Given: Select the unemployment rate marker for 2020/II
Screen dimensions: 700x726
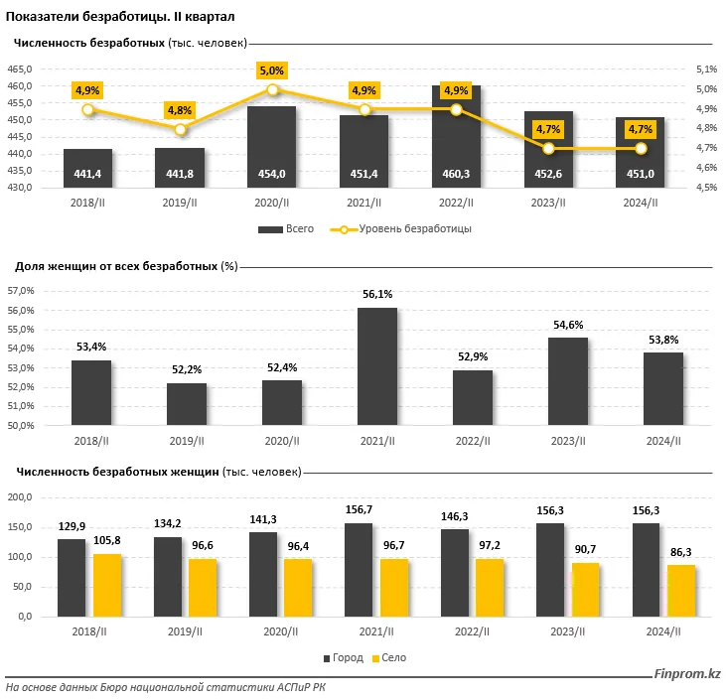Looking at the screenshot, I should [x=272, y=90].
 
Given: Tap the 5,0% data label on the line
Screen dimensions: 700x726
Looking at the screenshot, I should [x=272, y=70].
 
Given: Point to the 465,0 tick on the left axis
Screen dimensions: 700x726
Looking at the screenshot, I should [x=21, y=69].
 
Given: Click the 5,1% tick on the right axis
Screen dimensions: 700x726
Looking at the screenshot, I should [x=705, y=69].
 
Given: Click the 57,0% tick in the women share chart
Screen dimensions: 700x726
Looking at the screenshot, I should [x=21, y=291].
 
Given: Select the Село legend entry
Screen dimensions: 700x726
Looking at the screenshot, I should [x=388, y=658].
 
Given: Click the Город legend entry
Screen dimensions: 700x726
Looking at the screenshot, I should [x=341, y=658].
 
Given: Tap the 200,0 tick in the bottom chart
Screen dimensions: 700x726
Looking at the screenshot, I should [x=20, y=496].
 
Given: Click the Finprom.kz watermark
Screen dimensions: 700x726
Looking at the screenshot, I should [x=687, y=675].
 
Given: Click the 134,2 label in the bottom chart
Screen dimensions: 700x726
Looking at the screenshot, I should [x=167, y=522].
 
